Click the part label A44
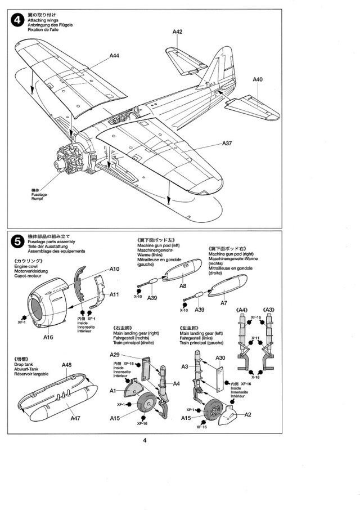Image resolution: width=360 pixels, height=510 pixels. tap(114, 56)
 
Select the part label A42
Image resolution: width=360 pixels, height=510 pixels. tap(177, 32)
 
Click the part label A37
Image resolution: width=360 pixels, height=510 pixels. tap(227, 144)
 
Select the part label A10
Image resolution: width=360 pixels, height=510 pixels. tap(114, 270)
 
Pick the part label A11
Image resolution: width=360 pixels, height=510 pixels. tap(114, 294)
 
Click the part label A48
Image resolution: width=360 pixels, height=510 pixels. tap(66, 365)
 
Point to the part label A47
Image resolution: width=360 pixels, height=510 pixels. tap(75, 418)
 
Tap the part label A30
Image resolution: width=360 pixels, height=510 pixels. tap(220, 358)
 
